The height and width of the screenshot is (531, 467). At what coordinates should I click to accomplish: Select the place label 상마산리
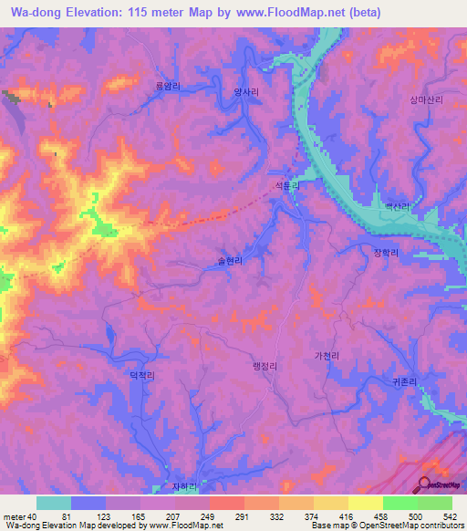point(426,103)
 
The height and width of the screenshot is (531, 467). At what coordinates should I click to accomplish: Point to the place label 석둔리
point(282,184)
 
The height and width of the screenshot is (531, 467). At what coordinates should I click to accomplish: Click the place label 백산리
point(397,207)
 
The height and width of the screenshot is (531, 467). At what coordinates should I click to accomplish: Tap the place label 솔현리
point(230,260)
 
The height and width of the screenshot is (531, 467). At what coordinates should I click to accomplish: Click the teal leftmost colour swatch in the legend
point(54,503)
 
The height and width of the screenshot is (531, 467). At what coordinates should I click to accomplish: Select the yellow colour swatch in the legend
point(365,503)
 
